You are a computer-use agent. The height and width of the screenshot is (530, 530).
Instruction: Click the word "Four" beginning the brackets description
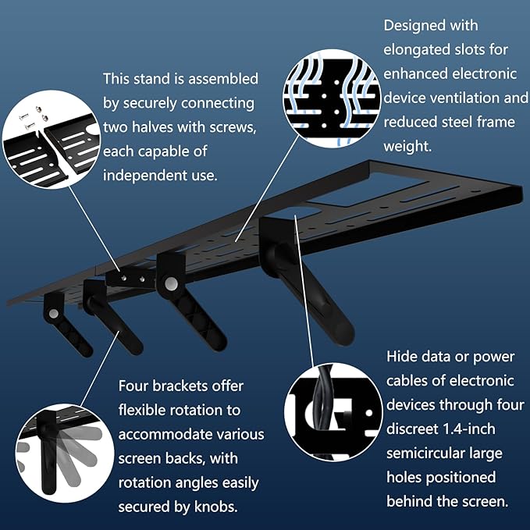pyautogui.click(x=133, y=386)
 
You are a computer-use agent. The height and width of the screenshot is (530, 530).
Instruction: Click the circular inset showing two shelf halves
pyautogui.click(x=52, y=139)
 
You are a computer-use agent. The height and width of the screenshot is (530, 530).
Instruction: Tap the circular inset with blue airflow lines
pyautogui.click(x=333, y=98)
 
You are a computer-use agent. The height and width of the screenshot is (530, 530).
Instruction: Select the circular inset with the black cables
pyautogui.click(x=333, y=412)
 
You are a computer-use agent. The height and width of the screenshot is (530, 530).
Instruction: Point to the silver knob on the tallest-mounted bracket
pyautogui.click(x=171, y=283)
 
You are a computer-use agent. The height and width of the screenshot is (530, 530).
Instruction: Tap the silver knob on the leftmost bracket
pyautogui.click(x=53, y=314)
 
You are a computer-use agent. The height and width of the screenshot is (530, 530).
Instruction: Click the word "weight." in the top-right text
pyautogui.click(x=407, y=147)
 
